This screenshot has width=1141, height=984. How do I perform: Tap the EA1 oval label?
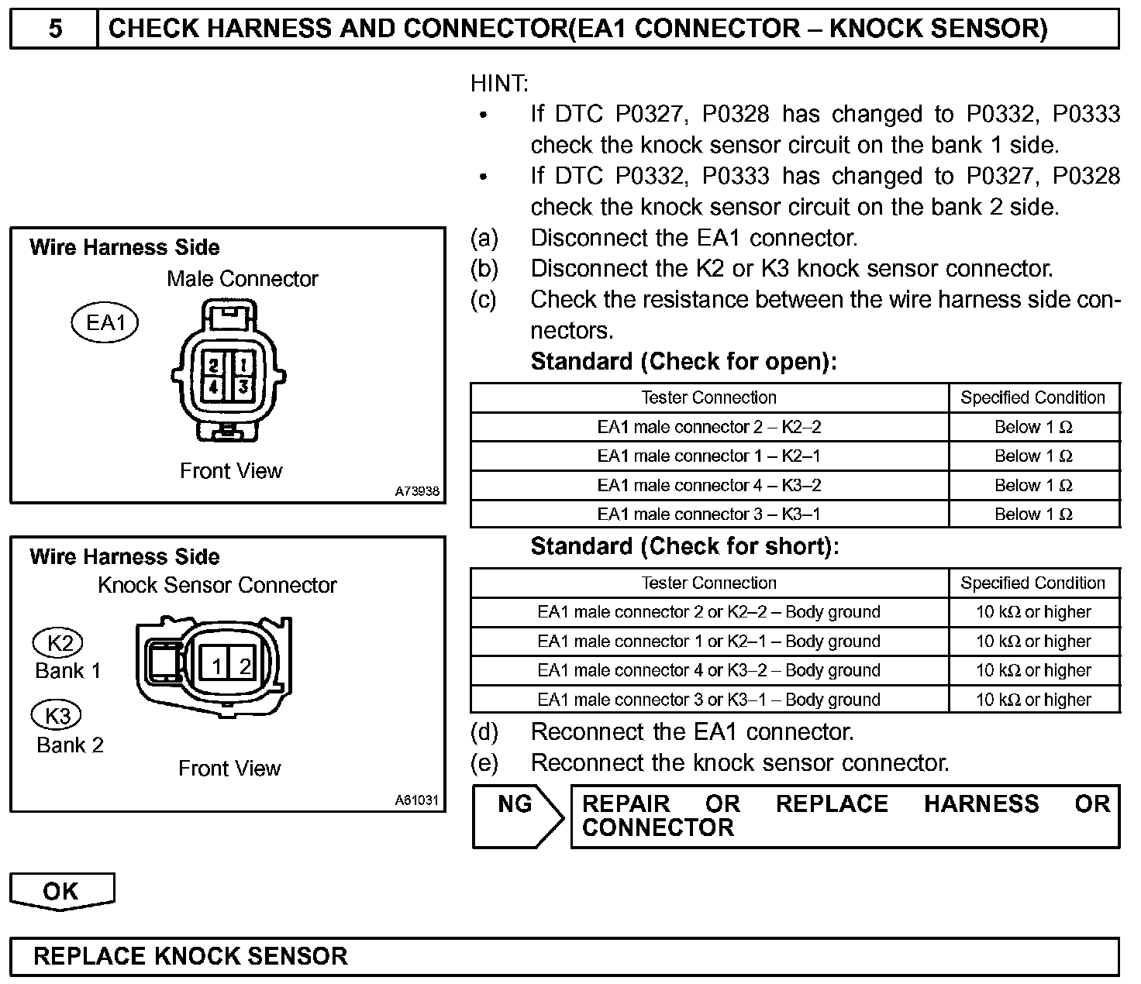(105, 322)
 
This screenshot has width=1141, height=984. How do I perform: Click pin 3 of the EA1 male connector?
(243, 386)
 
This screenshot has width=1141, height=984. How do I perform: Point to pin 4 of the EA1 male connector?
(214, 386)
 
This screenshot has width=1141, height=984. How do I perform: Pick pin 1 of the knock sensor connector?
(217, 666)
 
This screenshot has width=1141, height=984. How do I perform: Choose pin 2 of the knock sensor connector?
(245, 666)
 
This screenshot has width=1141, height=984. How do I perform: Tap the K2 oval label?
(58, 643)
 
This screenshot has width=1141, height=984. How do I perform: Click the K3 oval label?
(58, 715)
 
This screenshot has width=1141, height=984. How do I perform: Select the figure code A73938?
(417, 491)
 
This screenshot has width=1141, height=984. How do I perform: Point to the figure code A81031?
(417, 800)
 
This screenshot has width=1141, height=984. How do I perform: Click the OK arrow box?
(61, 891)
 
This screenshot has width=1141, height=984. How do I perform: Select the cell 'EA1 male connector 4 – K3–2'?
(708, 486)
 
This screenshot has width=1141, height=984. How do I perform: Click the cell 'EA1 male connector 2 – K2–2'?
(708, 427)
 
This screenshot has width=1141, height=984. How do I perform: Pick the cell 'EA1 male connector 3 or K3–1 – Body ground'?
(708, 700)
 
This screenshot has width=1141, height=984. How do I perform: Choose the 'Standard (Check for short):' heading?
(684, 547)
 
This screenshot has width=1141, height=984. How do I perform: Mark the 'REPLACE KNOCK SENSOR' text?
(191, 956)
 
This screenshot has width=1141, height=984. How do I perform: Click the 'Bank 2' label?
(70, 745)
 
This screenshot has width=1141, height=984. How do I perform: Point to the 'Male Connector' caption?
(242, 279)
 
